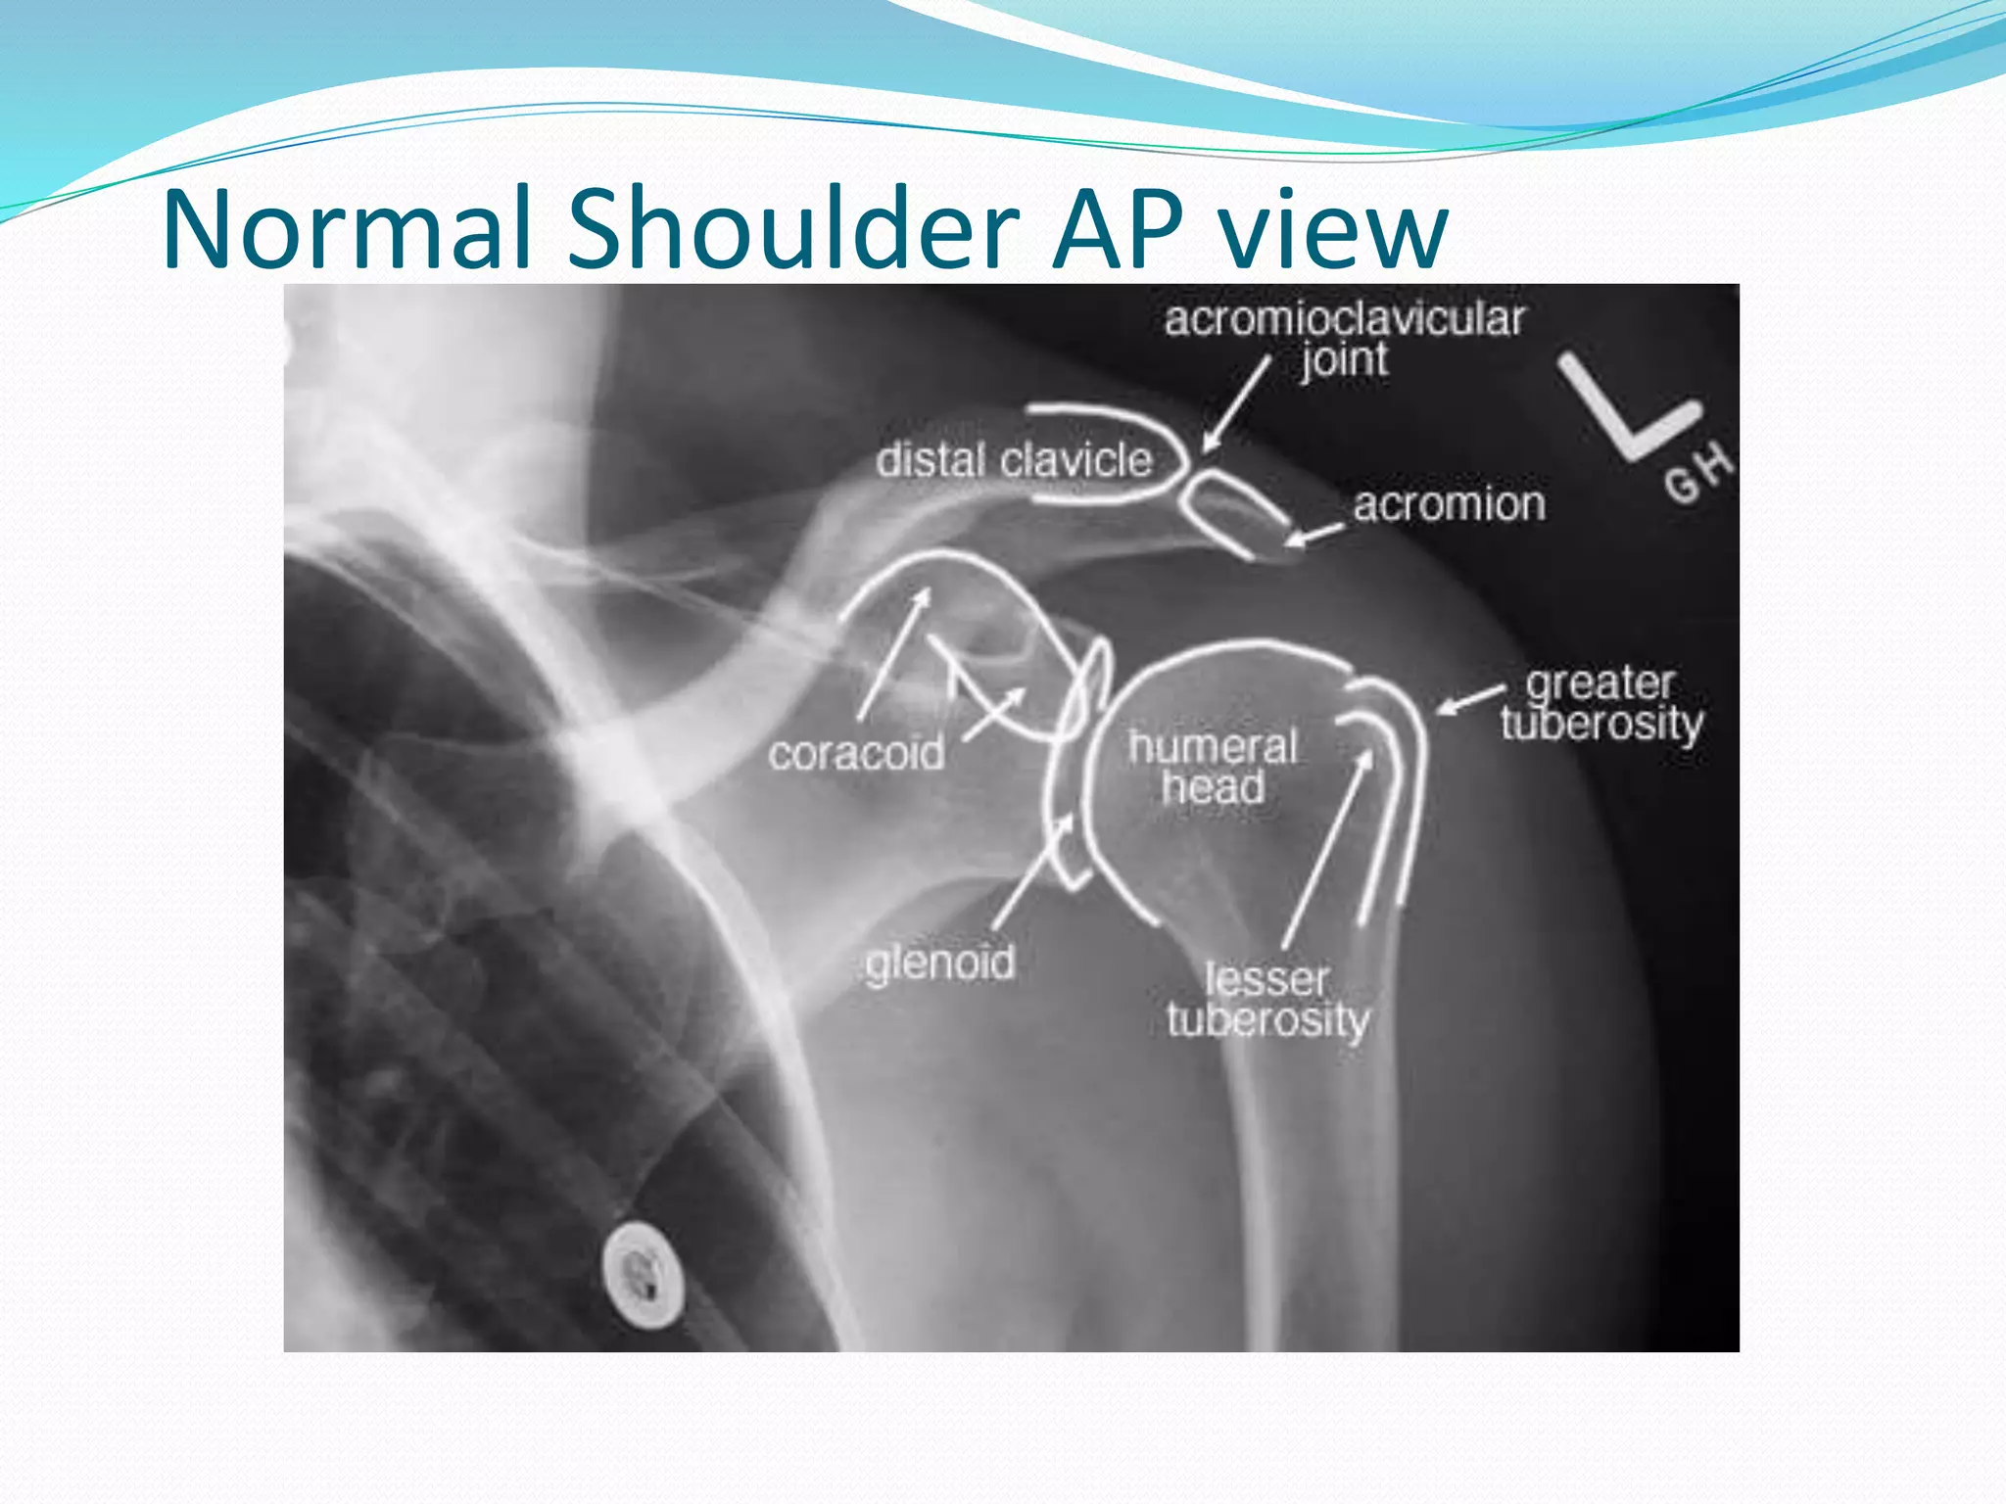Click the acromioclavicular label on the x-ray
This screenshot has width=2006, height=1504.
point(1344,319)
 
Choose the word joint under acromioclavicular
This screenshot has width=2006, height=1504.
point(1344,360)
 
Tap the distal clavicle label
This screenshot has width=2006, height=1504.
point(1013,460)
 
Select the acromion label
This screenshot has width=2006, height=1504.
point(1449,505)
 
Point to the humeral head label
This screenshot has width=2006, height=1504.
point(1213,767)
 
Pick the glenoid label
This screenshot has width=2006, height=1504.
point(939,963)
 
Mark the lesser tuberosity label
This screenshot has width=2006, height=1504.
point(1267,999)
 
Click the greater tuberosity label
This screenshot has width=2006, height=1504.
point(1601,703)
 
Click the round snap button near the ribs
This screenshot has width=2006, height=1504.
point(642,1274)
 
